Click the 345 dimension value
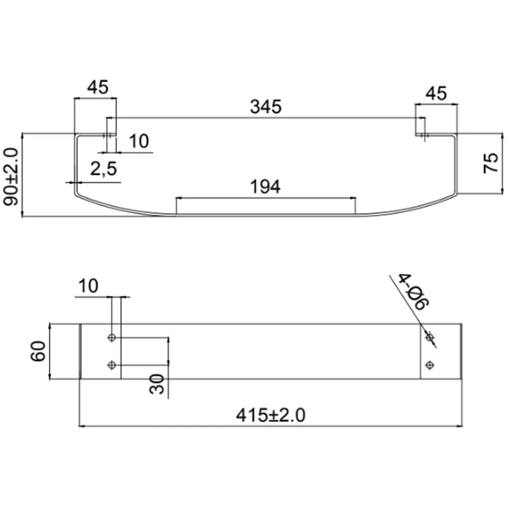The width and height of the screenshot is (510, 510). tap(265, 107)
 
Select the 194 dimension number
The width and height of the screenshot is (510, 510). tap(265, 187)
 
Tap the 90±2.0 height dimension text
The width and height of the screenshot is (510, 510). tap(10, 177)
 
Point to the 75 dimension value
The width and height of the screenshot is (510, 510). tap(490, 163)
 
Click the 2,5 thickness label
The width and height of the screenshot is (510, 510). tap(103, 169)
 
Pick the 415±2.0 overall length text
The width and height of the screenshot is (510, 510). tap(271, 415)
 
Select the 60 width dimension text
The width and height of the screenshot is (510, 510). tap(38, 351)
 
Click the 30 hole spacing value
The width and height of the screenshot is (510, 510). tap(157, 384)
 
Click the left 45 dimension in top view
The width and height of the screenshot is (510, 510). tap(98, 87)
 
